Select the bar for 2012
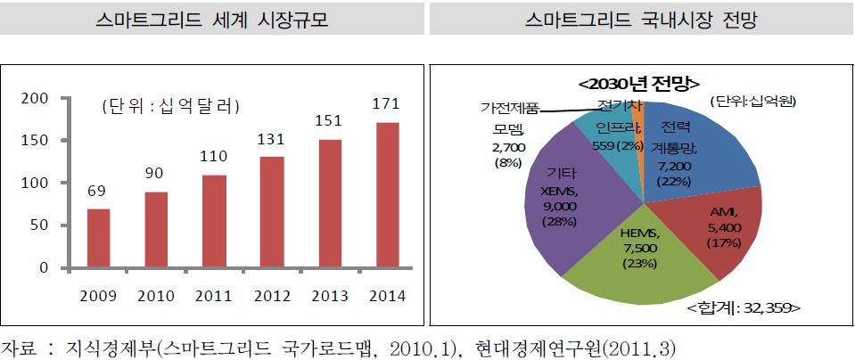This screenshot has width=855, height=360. coord(270,212)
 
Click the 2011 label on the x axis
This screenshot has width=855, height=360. coord(215,295)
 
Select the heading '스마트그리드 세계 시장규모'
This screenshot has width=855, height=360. coord(212,20)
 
